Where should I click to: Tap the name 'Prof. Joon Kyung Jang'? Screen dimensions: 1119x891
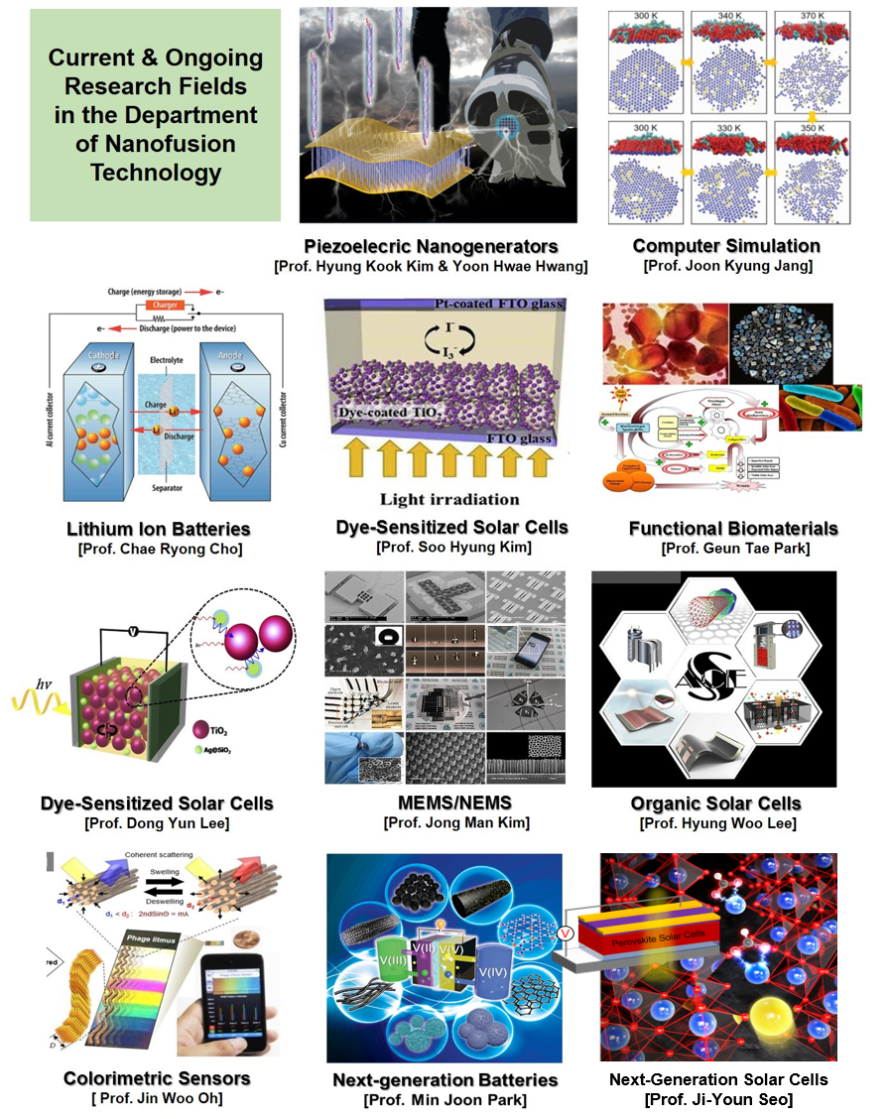[x=727, y=265]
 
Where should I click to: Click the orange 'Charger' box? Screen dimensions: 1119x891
[x=166, y=306]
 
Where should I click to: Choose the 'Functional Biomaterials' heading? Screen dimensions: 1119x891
[x=733, y=529]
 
